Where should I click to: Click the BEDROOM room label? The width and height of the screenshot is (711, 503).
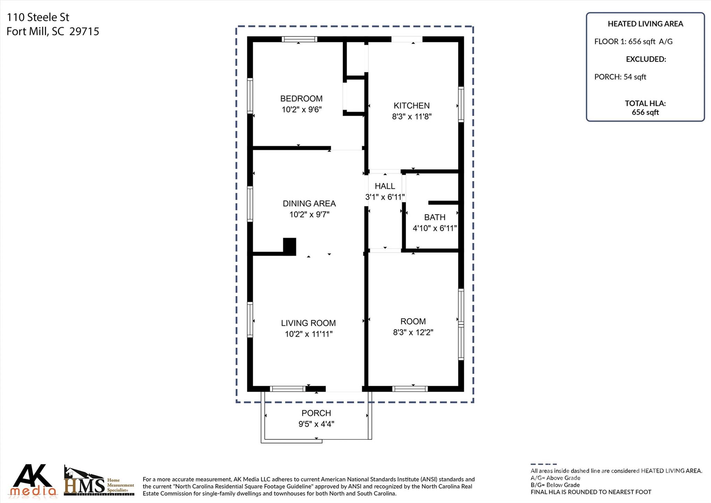(x=301, y=99)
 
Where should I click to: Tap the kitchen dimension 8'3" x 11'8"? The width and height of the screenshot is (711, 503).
(x=412, y=116)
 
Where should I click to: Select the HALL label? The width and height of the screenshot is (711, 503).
(x=385, y=186)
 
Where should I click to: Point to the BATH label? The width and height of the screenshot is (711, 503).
(x=435, y=217)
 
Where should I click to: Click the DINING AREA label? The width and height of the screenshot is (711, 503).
(x=309, y=203)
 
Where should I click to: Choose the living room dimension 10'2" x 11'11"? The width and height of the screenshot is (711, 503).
(x=309, y=334)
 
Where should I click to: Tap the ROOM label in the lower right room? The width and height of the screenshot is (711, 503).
(x=413, y=321)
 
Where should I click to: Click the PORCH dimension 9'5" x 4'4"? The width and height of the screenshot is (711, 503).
(x=316, y=424)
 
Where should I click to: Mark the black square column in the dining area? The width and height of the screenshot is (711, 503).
(x=290, y=246)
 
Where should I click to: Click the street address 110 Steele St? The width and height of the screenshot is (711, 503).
(x=38, y=17)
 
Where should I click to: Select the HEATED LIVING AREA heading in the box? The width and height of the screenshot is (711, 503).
(x=645, y=24)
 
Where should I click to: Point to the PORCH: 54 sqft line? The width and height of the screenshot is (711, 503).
(x=620, y=77)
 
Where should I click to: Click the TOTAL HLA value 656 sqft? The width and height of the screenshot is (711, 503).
(x=645, y=112)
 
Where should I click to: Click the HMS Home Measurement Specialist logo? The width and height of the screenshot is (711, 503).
(x=99, y=481)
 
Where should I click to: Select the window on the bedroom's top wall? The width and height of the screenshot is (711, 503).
(x=299, y=39)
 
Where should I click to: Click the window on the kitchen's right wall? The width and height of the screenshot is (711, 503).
(x=461, y=104)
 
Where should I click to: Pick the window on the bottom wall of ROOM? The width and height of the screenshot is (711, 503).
(x=410, y=389)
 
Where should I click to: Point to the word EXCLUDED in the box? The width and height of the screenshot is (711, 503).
(x=646, y=59)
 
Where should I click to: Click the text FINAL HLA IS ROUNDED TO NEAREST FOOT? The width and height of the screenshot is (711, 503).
(x=591, y=492)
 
